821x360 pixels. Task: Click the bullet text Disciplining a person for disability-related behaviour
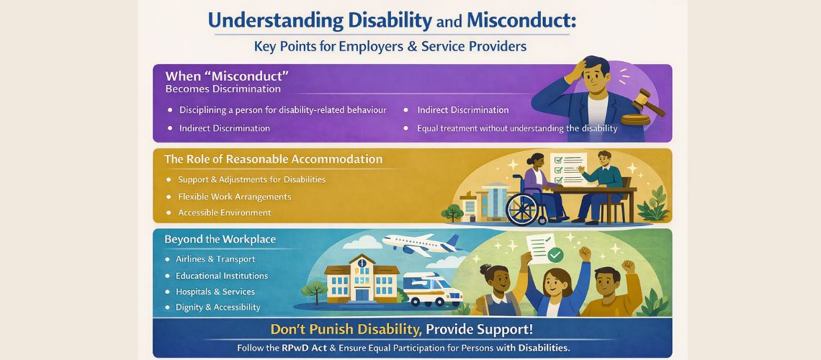pyautogui.click(x=282, y=110)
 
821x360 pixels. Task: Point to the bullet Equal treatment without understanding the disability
pyautogui.click(x=517, y=128)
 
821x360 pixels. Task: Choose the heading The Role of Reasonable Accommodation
pyautogui.click(x=274, y=159)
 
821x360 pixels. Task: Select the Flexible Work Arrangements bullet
pyautogui.click(x=235, y=196)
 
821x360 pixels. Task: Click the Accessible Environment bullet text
pyautogui.click(x=225, y=212)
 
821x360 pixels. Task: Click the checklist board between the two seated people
pyautogui.click(x=568, y=168)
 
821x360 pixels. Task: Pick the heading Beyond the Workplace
pyautogui.click(x=220, y=239)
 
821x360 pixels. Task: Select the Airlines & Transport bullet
pyautogui.click(x=215, y=258)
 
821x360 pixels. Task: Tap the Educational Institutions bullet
pyautogui.click(x=222, y=276)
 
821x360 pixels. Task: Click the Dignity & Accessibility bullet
pyautogui.click(x=218, y=307)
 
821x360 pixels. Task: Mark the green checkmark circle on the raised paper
pyautogui.click(x=554, y=255)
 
